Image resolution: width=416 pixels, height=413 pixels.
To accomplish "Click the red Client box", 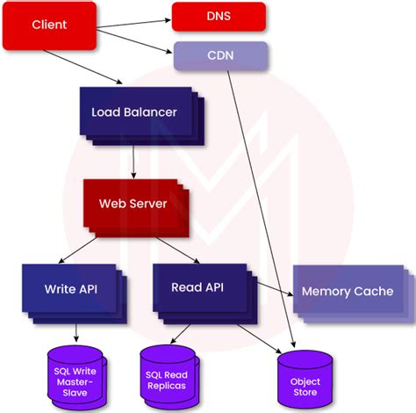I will pos(49,25).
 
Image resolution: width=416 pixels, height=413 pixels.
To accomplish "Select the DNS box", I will pos(219,16).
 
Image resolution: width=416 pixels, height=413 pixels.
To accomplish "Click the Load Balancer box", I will pos(134,112).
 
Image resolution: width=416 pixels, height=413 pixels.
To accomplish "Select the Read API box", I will pos(198,286).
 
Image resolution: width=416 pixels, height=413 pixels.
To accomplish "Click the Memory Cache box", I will pos(348,291).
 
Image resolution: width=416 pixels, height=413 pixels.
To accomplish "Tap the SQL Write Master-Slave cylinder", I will pos(75,378).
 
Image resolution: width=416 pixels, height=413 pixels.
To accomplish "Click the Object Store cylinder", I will pos(305,382).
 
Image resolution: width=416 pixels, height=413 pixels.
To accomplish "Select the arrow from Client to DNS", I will pos(133,17).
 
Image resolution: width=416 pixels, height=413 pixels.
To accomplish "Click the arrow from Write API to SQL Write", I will pos(75,332).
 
